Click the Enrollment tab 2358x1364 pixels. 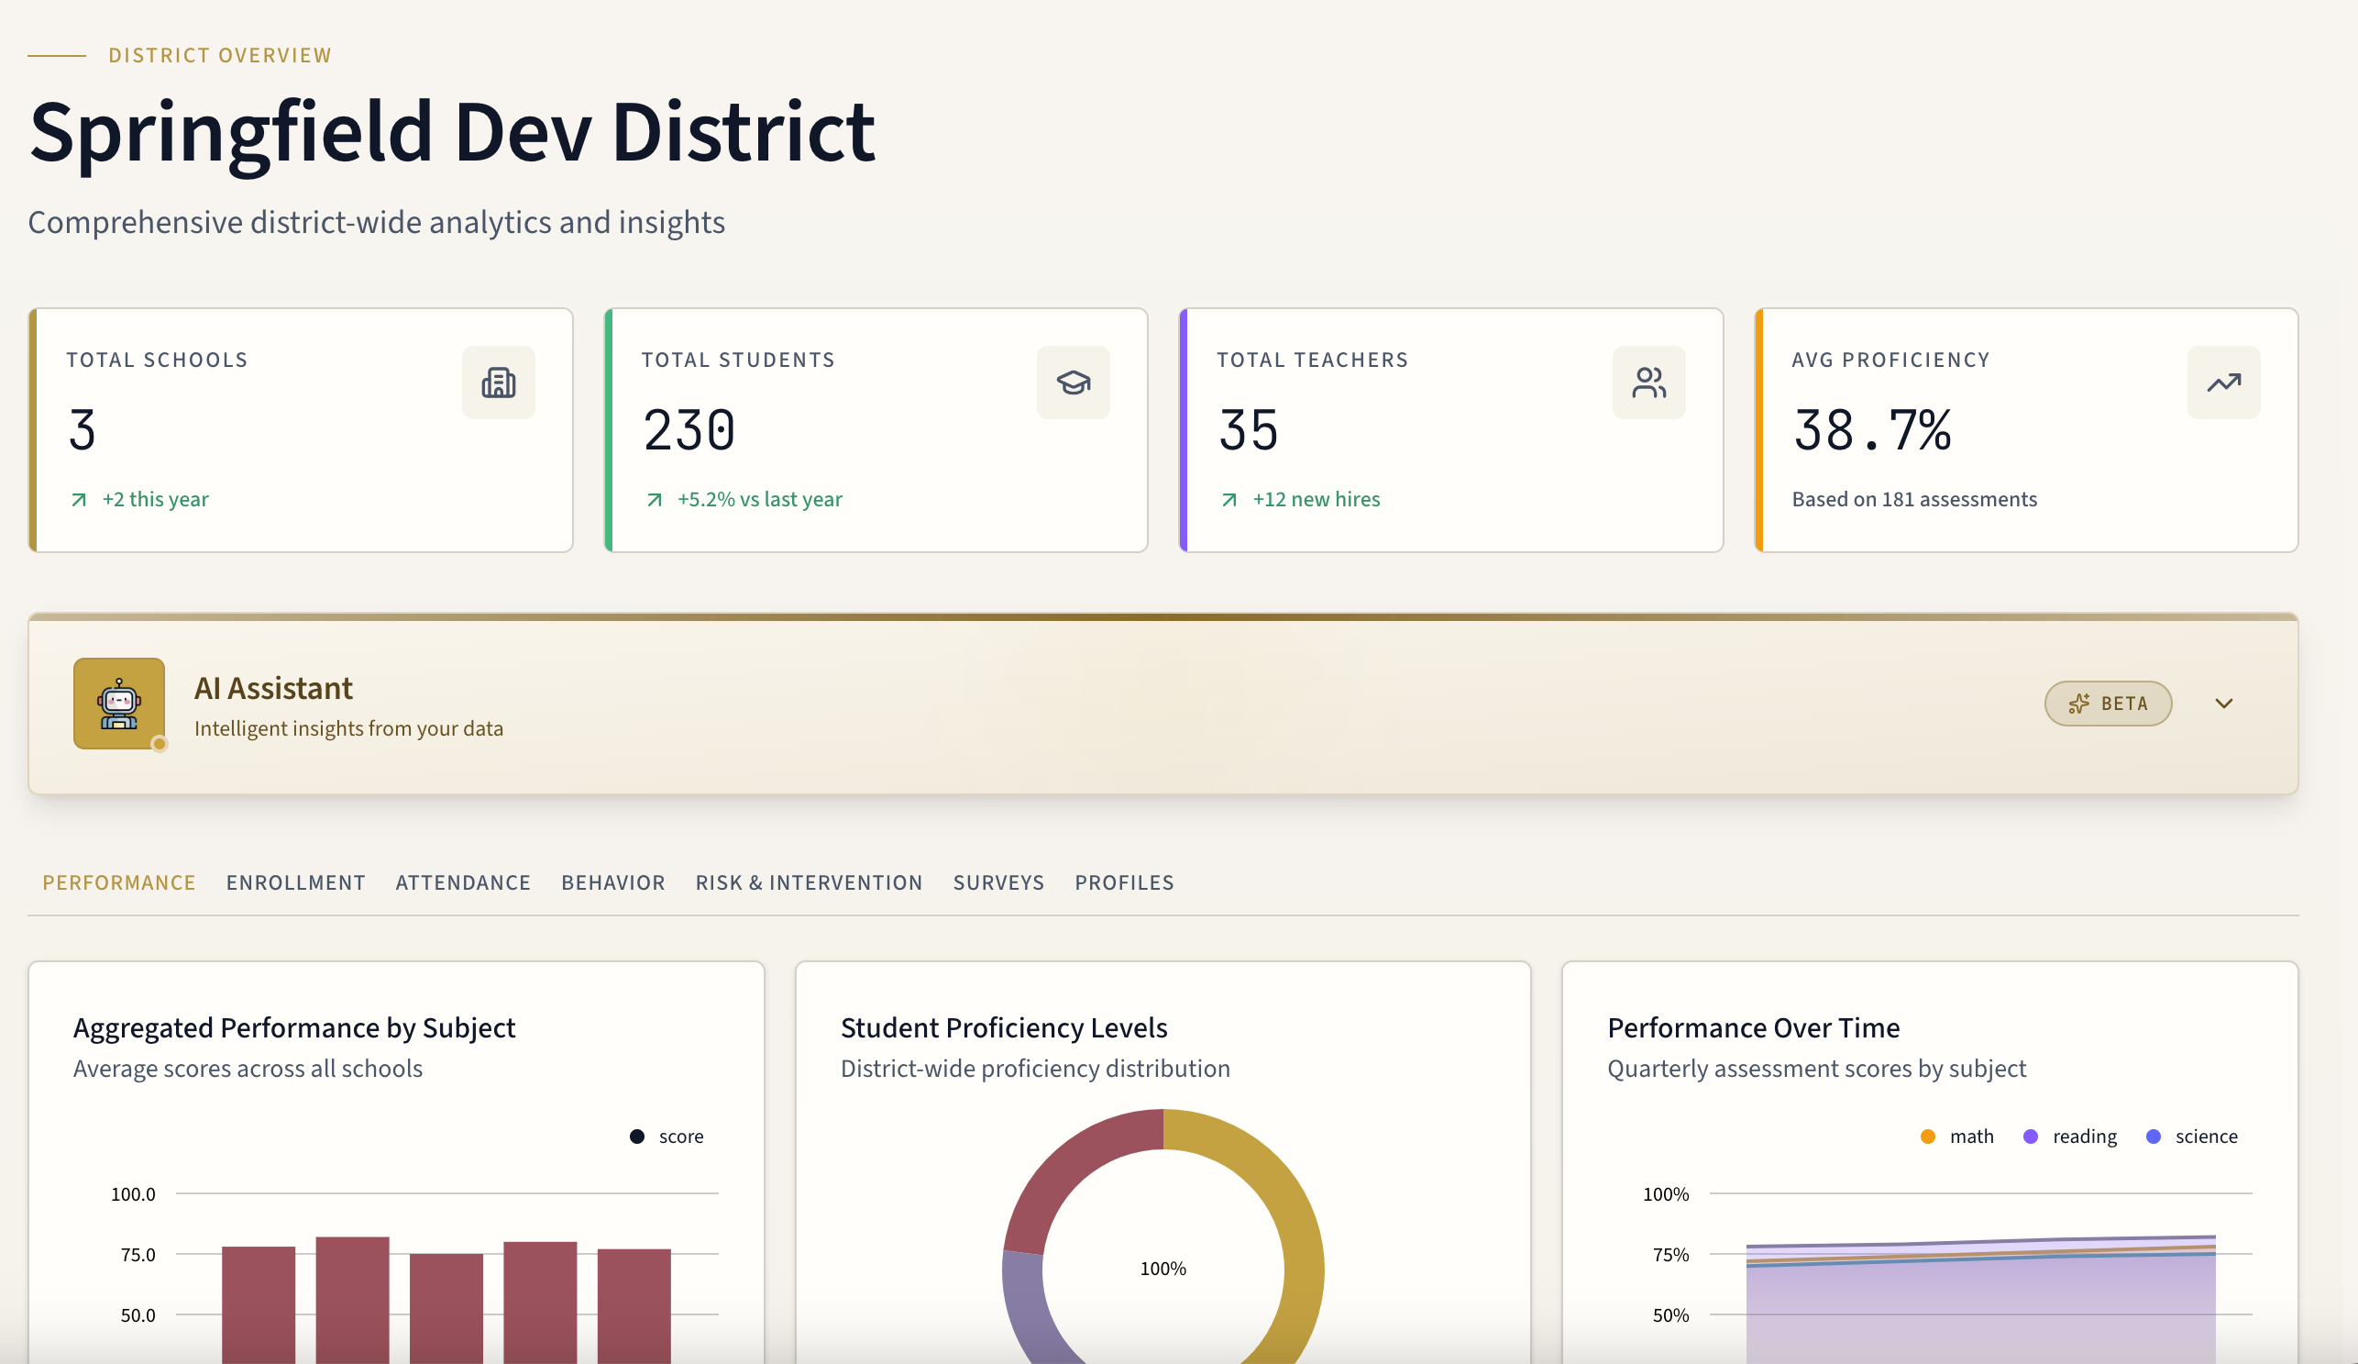[296, 882]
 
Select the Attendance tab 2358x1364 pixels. [463, 882]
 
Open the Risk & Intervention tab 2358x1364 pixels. [809, 882]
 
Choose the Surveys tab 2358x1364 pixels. [998, 882]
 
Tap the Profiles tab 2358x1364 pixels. [1124, 882]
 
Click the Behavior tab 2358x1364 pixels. [613, 882]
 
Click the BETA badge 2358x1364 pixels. [2107, 703]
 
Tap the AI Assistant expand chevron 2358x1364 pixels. [2223, 703]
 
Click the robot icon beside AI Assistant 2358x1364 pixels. [119, 703]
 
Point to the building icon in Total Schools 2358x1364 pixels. [498, 383]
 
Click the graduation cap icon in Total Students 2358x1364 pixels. [1074, 383]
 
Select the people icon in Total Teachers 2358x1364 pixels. [1647, 383]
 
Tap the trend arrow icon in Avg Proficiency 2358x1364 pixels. [2223, 383]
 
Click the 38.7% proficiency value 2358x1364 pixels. [1871, 430]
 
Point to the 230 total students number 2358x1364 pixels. [689, 430]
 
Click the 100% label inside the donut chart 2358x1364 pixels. [1162, 1269]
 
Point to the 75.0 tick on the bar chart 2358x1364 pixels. [138, 1255]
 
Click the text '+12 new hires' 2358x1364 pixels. [1316, 499]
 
